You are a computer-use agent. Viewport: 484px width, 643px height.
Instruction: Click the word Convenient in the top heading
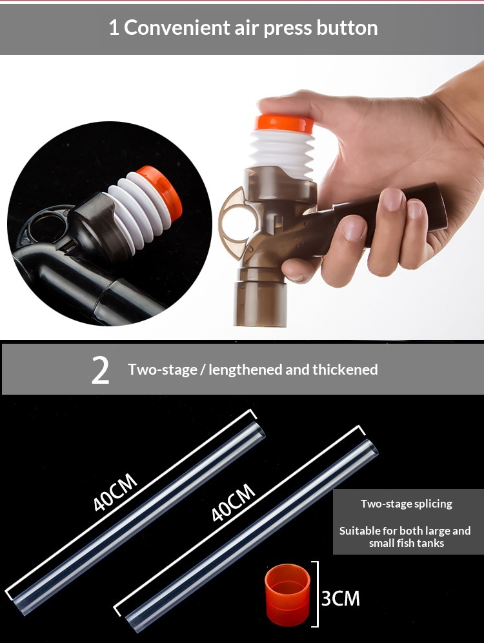click(x=177, y=28)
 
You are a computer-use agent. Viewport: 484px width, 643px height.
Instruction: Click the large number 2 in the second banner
click(x=101, y=370)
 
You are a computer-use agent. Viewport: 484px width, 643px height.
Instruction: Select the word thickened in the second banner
click(x=345, y=370)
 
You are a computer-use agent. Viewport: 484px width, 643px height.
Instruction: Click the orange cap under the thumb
click(x=284, y=124)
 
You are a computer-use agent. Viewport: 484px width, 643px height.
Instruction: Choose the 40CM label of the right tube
click(x=233, y=502)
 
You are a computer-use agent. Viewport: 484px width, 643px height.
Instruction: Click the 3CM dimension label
click(x=341, y=598)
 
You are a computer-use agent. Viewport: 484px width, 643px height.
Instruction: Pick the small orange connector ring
click(x=288, y=595)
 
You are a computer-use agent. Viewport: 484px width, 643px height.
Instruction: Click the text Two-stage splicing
click(x=407, y=504)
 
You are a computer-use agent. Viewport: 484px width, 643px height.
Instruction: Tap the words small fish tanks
click(x=407, y=543)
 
